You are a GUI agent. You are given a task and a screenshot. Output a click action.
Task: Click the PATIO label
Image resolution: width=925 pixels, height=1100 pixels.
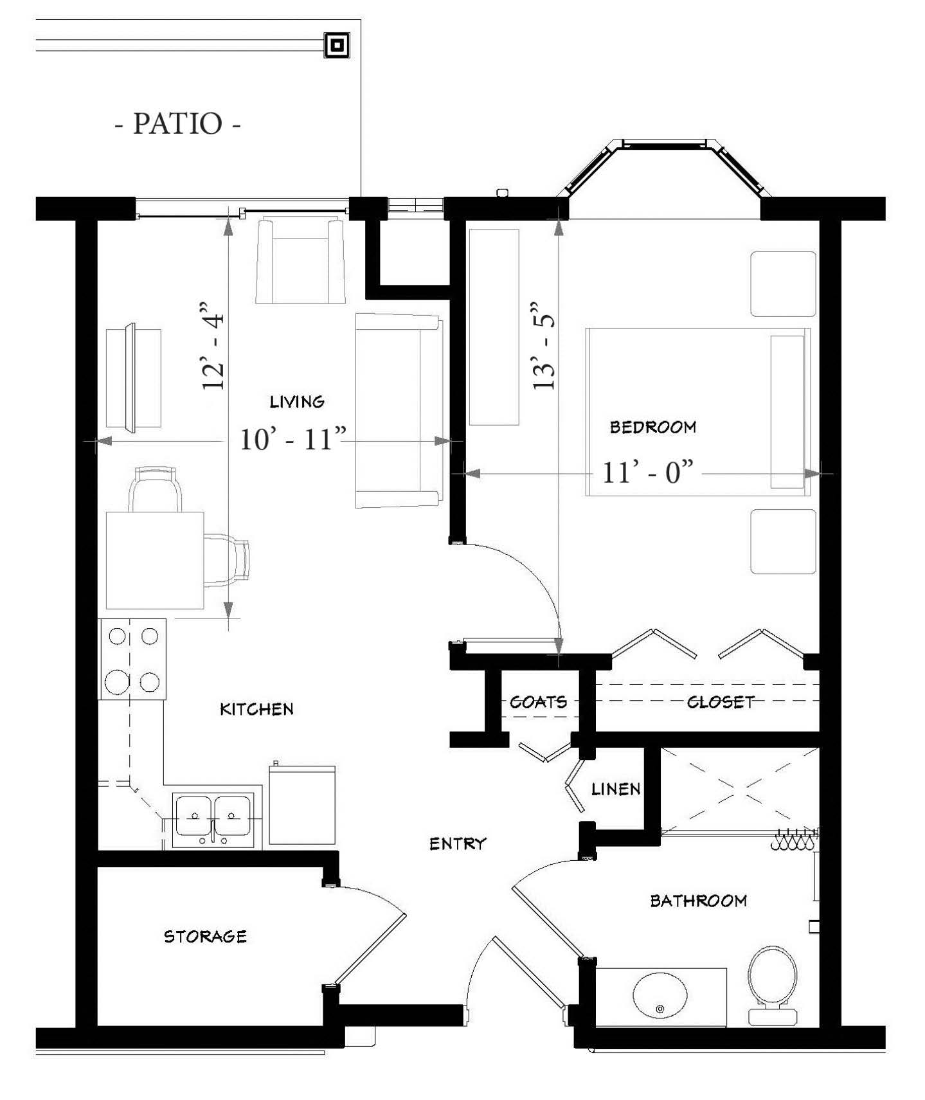pyautogui.click(x=177, y=123)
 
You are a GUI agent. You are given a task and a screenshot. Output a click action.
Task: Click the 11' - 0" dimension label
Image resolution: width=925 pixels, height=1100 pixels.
pyautogui.click(x=648, y=473)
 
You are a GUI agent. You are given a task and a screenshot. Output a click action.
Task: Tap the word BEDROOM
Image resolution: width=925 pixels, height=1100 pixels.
pyautogui.click(x=653, y=427)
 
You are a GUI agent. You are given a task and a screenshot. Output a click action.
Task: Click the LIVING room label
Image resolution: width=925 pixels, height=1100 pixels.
pyautogui.click(x=297, y=402)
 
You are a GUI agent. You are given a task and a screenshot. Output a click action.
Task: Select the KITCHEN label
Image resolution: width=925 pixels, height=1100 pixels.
pyautogui.click(x=256, y=709)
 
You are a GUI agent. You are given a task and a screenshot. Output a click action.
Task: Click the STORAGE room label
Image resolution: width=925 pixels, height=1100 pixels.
pyautogui.click(x=206, y=936)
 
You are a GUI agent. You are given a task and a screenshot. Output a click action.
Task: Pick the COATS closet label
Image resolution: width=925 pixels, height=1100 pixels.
pyautogui.click(x=539, y=701)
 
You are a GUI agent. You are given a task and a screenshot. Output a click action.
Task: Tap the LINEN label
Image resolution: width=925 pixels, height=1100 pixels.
pyautogui.click(x=616, y=789)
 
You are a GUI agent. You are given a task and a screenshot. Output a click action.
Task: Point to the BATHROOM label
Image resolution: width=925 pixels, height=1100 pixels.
pyautogui.click(x=699, y=901)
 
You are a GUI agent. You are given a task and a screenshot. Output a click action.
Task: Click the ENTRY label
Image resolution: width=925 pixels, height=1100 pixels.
pyautogui.click(x=458, y=843)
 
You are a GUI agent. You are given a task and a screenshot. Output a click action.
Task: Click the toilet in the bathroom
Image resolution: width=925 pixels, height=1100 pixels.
pyautogui.click(x=773, y=985)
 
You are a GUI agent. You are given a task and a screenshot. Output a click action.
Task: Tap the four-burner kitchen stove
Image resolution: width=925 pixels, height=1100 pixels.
pyautogui.click(x=132, y=659)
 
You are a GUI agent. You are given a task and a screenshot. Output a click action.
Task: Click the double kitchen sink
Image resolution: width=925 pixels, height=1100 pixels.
pyautogui.click(x=213, y=817)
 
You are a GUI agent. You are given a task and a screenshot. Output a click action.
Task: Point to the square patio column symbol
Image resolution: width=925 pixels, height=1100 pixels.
pyautogui.click(x=337, y=46)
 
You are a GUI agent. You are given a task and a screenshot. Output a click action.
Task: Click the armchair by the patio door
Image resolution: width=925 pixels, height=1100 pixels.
pyautogui.click(x=300, y=260)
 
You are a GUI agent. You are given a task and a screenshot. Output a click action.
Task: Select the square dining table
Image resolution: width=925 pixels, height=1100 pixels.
pyautogui.click(x=155, y=561)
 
